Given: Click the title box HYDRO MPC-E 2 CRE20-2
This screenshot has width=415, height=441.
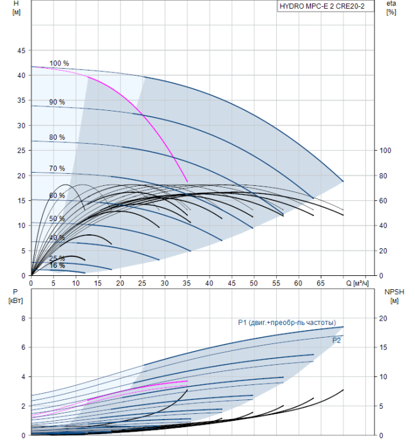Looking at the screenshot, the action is tap(325, 6).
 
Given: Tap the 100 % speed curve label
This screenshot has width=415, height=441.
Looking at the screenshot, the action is tap(59, 63).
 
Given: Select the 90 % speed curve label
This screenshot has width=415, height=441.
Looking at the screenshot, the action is tap(57, 102).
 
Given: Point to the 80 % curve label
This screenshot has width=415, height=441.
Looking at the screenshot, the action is tap(57, 137).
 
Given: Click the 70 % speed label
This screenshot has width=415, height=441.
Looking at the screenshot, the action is tap(57, 168).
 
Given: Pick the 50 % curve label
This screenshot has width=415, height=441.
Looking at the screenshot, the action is tap(57, 219).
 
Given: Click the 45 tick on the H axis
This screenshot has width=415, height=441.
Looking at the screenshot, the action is tap(21, 50).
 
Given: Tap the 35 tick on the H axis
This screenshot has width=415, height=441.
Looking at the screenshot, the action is tap(21, 100).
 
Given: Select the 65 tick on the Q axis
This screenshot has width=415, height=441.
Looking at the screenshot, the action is tap(320, 283).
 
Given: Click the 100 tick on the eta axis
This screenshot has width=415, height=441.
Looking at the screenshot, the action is tap(385, 151).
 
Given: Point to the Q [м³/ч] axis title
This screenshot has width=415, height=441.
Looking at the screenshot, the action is tap(357, 283).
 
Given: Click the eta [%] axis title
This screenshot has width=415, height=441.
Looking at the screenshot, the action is tap(392, 8).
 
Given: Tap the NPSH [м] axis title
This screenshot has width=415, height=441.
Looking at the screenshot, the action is tap(394, 297).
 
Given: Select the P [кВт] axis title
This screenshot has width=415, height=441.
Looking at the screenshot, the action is tap(16, 297).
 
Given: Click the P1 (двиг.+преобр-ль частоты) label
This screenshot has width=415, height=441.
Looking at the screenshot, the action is tap(287, 323).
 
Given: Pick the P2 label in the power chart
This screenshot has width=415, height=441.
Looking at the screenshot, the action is tap(336, 341).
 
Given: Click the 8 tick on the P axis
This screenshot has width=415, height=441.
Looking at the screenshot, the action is tap(23, 318).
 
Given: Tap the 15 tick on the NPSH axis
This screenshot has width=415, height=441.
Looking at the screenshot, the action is tap(383, 347).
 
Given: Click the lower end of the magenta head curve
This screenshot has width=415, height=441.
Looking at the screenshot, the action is tap(187, 181).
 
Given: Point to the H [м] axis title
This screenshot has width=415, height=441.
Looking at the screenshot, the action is tap(16, 8).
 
